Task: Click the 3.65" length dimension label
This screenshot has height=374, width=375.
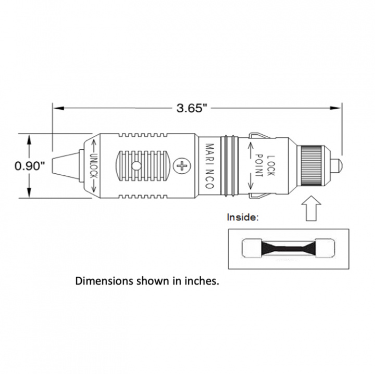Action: tap(192, 108)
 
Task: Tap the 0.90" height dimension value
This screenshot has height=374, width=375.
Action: tap(30, 166)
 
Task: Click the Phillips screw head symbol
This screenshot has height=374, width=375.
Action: tap(182, 166)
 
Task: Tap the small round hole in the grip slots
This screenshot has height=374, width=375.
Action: tap(136, 166)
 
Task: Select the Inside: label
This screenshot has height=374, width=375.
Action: tap(243, 217)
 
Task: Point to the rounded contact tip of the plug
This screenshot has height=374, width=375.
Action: tap(338, 166)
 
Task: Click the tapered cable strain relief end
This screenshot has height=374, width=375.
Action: tap(65, 166)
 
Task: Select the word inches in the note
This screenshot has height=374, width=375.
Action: tap(199, 281)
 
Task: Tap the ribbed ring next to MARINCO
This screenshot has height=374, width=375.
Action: tap(228, 166)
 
